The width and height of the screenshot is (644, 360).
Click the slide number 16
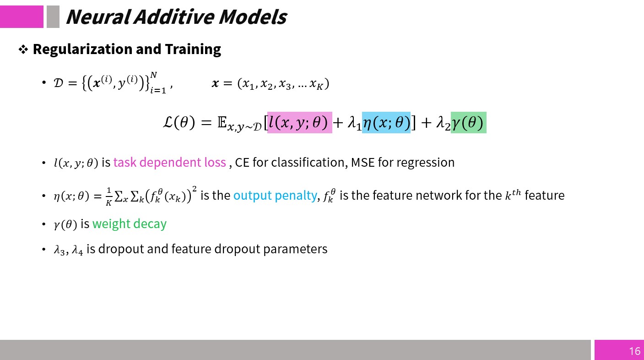coord(634,351)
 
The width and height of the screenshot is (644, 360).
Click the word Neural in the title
coord(98,16)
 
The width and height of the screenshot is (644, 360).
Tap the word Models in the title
coord(253,16)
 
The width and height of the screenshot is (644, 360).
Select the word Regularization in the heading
coord(83,49)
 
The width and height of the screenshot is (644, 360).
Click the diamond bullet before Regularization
coord(23,49)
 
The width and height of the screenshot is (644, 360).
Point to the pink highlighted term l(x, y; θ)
coord(300,123)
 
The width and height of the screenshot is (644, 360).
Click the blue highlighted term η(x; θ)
coord(386,123)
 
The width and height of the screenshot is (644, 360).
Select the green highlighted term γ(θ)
coord(469,123)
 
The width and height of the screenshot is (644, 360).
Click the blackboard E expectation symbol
coord(222,122)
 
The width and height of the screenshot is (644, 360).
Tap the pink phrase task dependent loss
coord(170,163)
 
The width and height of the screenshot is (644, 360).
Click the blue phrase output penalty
coord(275,196)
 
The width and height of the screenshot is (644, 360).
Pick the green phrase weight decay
coord(130,224)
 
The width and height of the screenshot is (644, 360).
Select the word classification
coord(308,163)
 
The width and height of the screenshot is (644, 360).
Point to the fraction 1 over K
coord(108,196)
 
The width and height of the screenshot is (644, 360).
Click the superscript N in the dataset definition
coord(153,75)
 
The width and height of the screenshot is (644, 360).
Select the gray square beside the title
coord(53,16)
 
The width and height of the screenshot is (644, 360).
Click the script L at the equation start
coord(168,122)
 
